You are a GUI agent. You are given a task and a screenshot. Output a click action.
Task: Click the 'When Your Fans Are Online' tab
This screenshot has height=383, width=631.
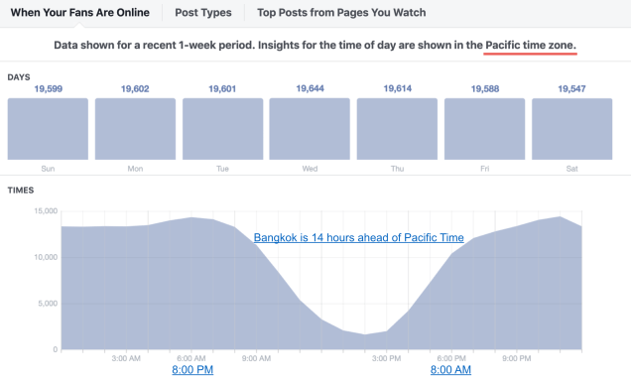79,13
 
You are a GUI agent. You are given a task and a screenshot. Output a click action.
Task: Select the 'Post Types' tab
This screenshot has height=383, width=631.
203,13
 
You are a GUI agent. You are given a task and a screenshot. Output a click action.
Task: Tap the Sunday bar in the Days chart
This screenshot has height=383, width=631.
47,128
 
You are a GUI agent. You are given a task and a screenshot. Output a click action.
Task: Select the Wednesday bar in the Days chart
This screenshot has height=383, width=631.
310,128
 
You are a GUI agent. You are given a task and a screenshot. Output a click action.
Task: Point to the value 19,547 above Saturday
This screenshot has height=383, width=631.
571,89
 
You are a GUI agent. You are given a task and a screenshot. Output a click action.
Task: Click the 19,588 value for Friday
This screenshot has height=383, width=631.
484,89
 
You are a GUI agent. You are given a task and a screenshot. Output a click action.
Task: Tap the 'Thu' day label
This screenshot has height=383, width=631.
397,169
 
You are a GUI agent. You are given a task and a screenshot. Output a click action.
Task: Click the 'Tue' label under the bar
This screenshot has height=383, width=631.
222,169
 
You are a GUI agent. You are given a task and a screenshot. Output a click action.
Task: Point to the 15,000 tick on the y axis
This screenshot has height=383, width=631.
43,210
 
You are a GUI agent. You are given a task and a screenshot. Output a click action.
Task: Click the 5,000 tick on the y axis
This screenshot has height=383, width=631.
46,303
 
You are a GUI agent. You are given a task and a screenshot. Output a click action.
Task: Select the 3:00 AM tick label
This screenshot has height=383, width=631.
126,357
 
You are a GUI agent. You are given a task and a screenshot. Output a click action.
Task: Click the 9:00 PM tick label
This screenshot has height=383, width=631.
516,357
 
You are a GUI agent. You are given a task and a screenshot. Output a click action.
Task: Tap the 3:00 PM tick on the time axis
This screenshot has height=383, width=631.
386,357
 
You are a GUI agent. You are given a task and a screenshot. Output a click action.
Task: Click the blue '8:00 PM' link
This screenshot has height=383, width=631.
192,370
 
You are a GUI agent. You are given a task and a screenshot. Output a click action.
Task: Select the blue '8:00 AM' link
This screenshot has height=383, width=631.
450,370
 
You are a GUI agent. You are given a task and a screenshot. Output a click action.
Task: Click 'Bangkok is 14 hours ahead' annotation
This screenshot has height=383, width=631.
358,238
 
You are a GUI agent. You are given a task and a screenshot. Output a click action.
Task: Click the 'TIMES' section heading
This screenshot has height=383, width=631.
21,189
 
